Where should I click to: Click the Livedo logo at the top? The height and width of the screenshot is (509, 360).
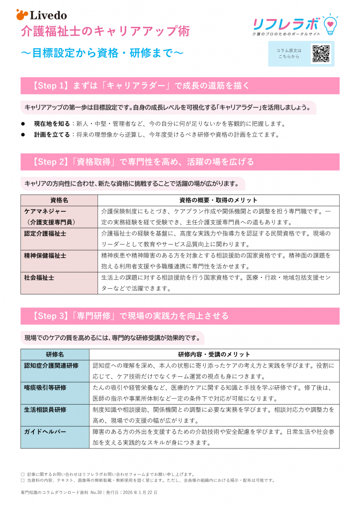coord(42,15)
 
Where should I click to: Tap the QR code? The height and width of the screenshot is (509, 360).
coord(321,54)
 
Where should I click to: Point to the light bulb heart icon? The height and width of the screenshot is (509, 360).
coord(330,23)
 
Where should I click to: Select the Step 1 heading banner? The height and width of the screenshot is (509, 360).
coord(180,85)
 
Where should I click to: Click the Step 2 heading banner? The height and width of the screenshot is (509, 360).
coord(180,162)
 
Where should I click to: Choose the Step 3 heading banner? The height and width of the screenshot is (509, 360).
coord(180,316)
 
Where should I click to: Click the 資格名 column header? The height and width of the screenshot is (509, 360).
coord(59,200)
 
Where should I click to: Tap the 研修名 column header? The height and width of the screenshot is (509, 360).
coord(55,354)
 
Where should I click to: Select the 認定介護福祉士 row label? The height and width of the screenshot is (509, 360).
coord(45,233)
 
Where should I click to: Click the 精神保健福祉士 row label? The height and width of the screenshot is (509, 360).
coord(45,255)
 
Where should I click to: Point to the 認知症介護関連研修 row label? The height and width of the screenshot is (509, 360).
coord(51,366)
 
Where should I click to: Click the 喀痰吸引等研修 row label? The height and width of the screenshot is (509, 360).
coord(45,388)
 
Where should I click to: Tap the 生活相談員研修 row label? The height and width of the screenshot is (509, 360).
coord(45,410)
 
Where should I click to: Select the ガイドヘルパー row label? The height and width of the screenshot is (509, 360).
coord(45,432)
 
